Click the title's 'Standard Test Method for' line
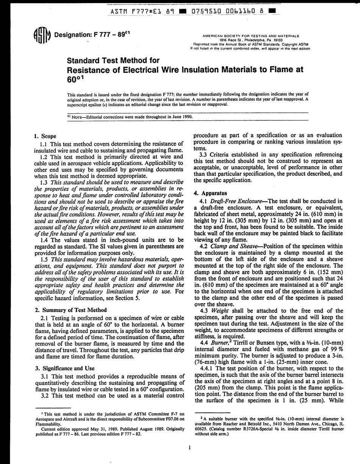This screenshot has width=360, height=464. pyautogui.click(x=113, y=61)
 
